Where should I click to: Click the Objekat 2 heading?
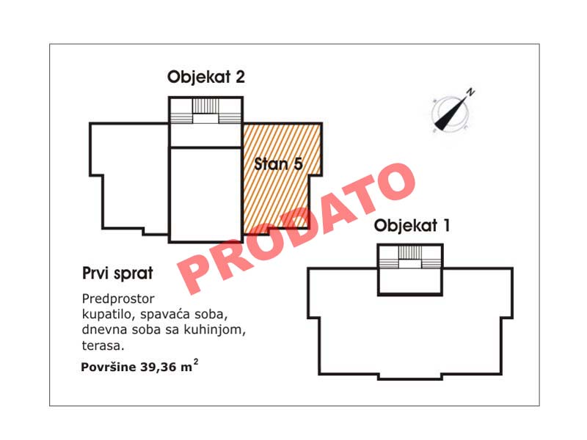206,78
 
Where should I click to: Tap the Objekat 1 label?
412,226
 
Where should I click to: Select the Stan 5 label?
278,164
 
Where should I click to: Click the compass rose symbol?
451,111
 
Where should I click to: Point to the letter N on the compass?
470,92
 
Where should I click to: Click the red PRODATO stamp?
296,229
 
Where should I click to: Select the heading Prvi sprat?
117,274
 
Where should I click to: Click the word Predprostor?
118,299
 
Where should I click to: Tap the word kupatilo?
107,315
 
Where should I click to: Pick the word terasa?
103,345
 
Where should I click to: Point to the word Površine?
109,367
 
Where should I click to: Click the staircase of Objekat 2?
205,111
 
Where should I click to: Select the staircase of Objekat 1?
410,257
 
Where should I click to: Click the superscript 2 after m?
196,362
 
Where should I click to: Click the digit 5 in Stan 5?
299,164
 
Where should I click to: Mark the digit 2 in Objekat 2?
240,77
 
